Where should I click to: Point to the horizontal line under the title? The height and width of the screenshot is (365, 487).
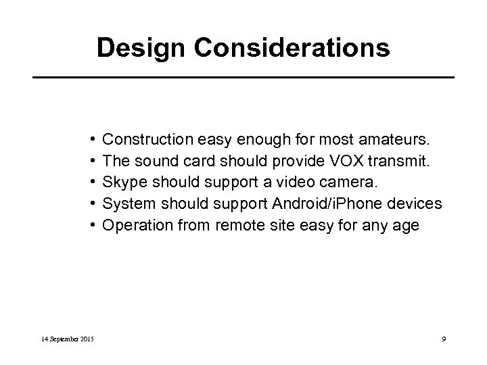243,78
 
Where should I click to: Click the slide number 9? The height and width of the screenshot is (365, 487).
442,338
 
